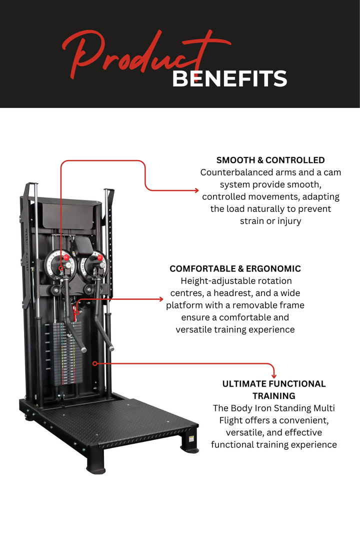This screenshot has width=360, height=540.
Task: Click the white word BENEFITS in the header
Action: click(x=229, y=79)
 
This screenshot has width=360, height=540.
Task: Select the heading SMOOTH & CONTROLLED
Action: click(x=270, y=160)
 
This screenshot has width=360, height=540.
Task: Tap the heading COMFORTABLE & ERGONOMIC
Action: click(x=235, y=269)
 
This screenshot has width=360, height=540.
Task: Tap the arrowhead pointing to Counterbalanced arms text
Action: click(x=196, y=190)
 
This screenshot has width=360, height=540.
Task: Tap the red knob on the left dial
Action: click(x=65, y=257)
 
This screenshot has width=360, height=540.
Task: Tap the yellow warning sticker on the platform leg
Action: click(x=191, y=438)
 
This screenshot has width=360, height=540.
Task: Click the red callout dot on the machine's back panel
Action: click(x=94, y=363)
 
